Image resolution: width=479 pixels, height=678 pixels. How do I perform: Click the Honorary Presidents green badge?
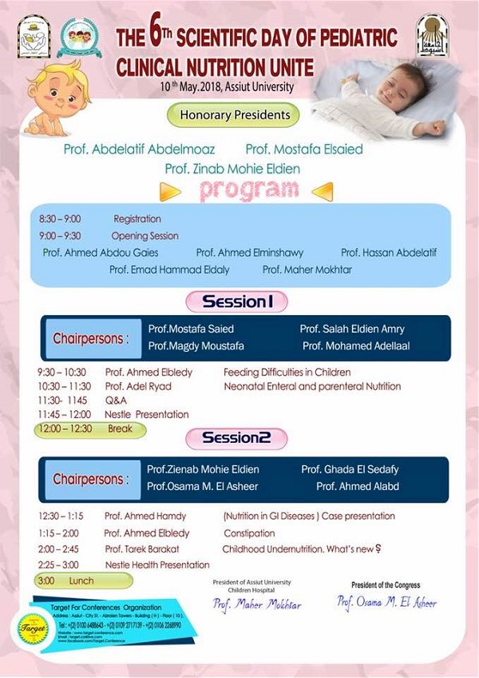[x=233, y=115]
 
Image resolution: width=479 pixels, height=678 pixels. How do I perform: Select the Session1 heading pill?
[x=236, y=301]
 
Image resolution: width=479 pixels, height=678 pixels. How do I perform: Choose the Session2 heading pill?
[x=236, y=437]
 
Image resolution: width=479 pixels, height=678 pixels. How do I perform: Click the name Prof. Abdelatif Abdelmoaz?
[x=140, y=150]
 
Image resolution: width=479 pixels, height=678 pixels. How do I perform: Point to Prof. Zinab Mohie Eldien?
[x=233, y=169]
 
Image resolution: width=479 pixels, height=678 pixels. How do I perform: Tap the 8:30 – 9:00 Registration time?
[x=60, y=219]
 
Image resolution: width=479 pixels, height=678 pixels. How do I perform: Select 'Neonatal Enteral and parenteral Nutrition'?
[x=312, y=386]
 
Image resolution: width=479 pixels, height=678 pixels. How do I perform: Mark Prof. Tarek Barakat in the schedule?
[x=141, y=549]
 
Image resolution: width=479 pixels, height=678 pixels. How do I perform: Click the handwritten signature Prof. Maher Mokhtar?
[x=256, y=604]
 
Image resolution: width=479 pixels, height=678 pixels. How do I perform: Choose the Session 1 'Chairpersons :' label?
[x=90, y=338]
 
